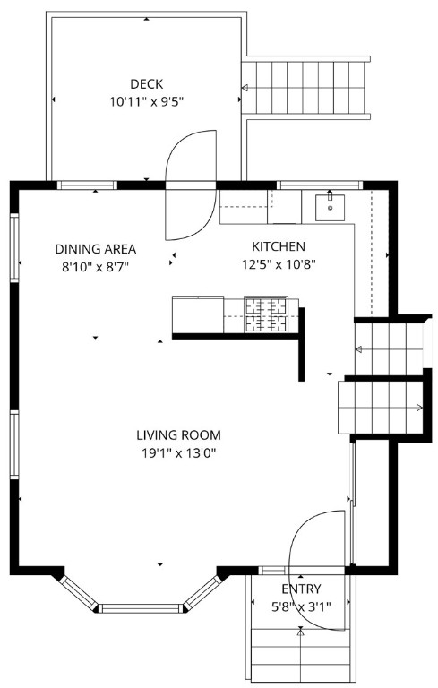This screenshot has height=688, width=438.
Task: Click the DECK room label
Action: (147, 84)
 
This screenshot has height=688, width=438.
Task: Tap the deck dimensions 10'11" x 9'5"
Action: (147, 102)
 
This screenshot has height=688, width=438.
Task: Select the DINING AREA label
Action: (95, 248)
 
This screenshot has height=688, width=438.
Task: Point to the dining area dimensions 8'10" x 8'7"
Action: (95, 266)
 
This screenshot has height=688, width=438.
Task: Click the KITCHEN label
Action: (278, 246)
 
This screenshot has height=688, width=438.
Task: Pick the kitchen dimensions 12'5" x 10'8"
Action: (278, 264)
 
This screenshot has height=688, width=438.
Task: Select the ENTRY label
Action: (301, 589)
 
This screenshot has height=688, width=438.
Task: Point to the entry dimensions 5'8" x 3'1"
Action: (301, 606)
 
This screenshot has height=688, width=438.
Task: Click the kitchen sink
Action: (331, 206)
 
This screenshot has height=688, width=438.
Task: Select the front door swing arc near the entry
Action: (315, 537)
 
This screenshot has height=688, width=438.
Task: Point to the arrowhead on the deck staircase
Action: (245, 88)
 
